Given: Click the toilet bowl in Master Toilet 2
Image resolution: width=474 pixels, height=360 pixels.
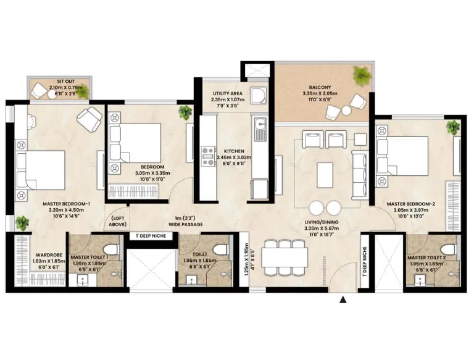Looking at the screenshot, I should click(x=449, y=248).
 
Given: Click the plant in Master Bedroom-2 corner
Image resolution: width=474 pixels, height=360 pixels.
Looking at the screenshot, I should click(x=453, y=127).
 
